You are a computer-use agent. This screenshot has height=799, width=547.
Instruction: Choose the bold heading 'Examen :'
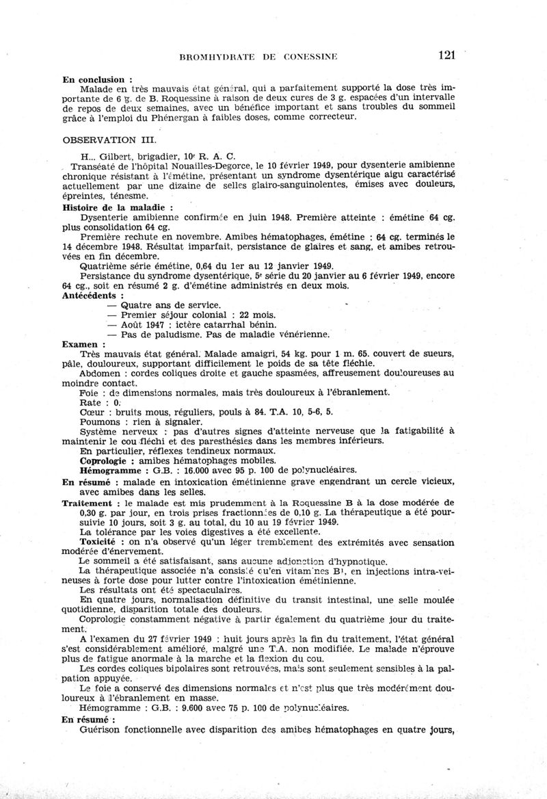(83, 344)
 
